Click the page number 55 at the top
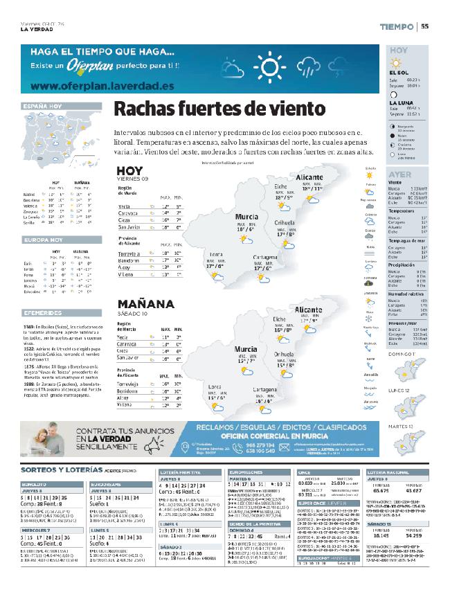[x=425, y=27]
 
